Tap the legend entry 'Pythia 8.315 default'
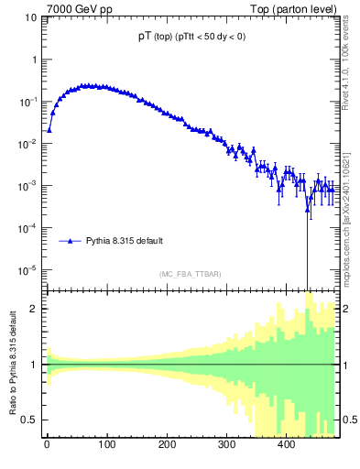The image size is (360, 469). [125, 241]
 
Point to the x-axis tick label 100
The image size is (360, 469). [106, 446]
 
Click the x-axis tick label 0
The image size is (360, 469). [47, 446]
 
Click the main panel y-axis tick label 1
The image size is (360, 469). [34, 59]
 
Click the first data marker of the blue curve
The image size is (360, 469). [49, 129]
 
